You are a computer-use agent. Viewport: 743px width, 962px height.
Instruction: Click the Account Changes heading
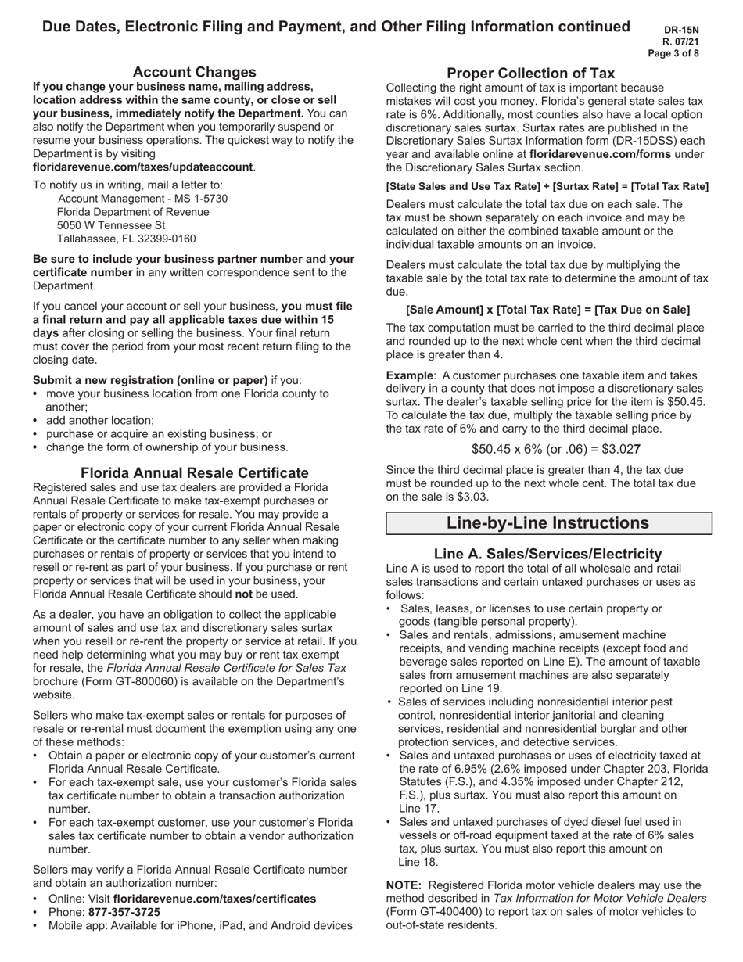pos(194,72)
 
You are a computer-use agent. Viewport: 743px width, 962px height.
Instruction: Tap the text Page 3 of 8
pos(673,54)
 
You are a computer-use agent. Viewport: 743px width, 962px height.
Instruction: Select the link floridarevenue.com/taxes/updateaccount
pos(143,167)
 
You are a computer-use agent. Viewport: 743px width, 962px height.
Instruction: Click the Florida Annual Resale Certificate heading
pos(194,472)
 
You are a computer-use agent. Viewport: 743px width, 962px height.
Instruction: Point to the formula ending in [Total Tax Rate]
pos(547,186)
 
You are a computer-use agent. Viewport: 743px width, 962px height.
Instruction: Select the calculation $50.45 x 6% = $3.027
pos(556,449)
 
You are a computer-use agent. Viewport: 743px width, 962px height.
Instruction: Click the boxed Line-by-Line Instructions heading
pos(547,523)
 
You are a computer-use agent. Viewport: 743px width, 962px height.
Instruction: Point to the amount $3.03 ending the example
pos(473,497)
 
